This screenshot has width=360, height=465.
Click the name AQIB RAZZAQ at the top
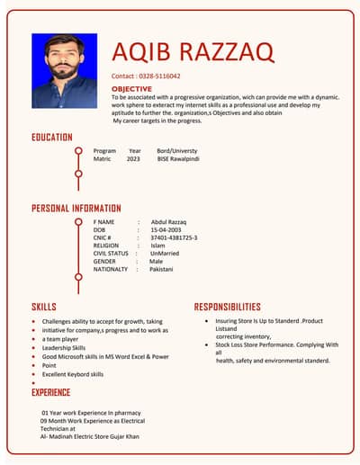click(x=193, y=51)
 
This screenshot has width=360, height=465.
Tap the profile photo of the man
click(x=65, y=71)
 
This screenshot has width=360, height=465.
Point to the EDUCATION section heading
click(x=52, y=137)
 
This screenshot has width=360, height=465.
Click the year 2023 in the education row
click(x=133, y=158)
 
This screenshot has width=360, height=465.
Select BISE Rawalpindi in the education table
click(x=178, y=158)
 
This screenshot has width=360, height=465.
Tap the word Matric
click(x=103, y=158)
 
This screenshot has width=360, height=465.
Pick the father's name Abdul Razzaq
click(x=169, y=221)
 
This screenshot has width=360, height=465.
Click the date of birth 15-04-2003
click(x=167, y=229)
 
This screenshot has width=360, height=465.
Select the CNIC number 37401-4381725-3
click(x=174, y=237)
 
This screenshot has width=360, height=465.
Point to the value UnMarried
click(x=166, y=254)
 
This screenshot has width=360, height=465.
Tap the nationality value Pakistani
click(x=161, y=269)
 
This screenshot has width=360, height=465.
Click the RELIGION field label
click(x=106, y=246)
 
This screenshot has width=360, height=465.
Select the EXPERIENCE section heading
click(x=51, y=392)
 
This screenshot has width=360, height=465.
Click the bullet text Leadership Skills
click(x=64, y=347)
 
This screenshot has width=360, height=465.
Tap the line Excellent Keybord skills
click(x=73, y=374)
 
